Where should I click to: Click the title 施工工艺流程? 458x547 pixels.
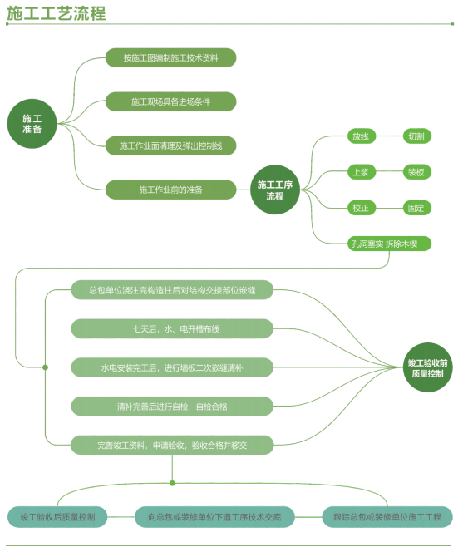[57, 13]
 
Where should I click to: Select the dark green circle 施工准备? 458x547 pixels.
[32, 124]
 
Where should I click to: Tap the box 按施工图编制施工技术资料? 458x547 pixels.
[171, 57]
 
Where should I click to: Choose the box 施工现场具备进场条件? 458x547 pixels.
[171, 101]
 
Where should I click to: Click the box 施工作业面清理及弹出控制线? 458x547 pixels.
[171, 145]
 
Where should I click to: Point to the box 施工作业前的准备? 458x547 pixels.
[171, 190]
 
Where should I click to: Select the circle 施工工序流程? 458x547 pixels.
[275, 190]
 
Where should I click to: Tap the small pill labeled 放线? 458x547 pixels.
[362, 136]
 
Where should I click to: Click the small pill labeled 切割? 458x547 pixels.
[416, 136]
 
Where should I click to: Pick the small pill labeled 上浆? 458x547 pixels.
[362, 172]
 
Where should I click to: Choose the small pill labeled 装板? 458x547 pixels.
[416, 172]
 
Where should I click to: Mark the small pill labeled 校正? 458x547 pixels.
[362, 208]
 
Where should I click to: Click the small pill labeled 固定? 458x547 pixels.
[416, 208]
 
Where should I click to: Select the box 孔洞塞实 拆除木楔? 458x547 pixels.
[389, 244]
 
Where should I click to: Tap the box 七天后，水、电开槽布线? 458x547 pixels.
[172, 328]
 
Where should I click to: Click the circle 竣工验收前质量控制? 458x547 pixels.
[428, 367]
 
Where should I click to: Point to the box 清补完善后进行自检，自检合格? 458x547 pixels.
[172, 406]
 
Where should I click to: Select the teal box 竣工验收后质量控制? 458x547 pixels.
[57, 516]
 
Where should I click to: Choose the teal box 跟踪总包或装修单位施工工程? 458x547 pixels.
[387, 516]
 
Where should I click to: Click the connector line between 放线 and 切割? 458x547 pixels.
[389, 136]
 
